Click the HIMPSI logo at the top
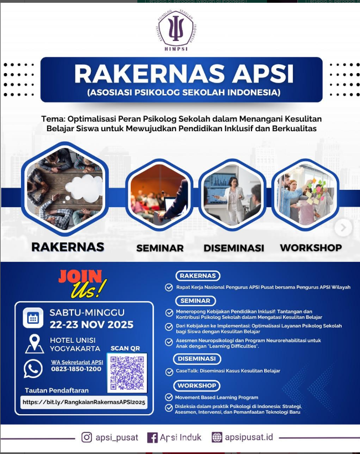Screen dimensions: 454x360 point(176,32)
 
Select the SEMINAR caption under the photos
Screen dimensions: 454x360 point(160,248)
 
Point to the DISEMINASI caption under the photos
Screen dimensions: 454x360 point(234,248)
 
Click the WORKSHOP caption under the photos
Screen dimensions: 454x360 point(310,247)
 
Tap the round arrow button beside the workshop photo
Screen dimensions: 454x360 point(343,227)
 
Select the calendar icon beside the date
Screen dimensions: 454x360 point(33,318)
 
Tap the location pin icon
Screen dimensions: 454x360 point(34,344)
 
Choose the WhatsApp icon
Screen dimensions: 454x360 point(33,369)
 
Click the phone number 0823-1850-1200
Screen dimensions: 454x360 point(76,369)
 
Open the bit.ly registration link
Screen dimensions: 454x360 point(84,403)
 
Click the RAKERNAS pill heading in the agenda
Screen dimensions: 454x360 point(198,276)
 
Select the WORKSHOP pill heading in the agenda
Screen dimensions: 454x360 point(198,385)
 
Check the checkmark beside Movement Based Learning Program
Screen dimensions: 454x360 point(169,398)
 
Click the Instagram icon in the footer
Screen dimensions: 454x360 point(87,437)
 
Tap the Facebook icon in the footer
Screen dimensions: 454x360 point(152,437)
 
